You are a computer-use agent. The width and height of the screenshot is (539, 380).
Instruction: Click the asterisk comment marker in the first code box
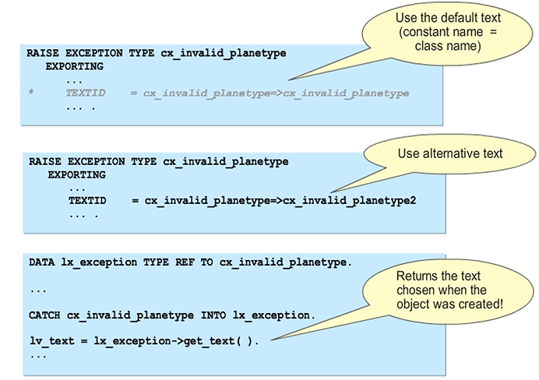coord(30,93)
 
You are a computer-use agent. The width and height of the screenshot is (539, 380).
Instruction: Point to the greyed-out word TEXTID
coord(85,93)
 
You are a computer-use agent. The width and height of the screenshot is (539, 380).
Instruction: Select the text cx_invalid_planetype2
coord(349,200)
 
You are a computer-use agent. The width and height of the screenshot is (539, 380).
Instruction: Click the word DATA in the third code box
coord(41,262)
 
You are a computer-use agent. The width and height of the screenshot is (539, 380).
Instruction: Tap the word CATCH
coord(44,315)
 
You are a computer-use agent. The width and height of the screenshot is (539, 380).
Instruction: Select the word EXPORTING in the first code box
coord(74,66)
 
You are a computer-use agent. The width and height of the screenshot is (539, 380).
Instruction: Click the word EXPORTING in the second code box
coord(76,174)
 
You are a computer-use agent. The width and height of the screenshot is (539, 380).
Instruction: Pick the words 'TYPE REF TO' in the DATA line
coord(178,262)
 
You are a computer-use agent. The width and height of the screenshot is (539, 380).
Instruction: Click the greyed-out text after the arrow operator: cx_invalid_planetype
coord(346,93)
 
